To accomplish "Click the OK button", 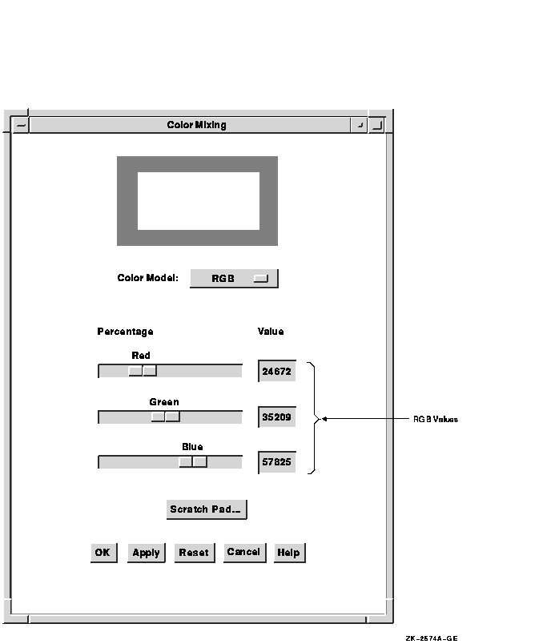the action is (104, 553).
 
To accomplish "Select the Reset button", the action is (195, 553).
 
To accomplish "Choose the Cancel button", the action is (245, 553).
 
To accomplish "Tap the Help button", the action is (289, 553).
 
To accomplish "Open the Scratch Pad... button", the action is (207, 509).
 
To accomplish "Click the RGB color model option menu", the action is (234, 279).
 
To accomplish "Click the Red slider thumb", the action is (143, 371).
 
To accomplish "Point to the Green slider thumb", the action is (166, 417).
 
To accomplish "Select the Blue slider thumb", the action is (193, 461).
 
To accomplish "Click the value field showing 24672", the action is (277, 371).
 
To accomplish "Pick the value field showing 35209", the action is (277, 417).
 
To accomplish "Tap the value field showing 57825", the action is (277, 462).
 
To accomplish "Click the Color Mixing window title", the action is (196, 125).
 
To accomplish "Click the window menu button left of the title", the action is (21, 125).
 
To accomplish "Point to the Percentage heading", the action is (125, 332).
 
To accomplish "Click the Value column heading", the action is (271, 332).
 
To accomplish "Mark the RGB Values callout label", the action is (436, 420).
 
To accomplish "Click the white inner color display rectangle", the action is (199, 201).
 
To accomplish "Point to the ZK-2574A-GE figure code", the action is (432, 638).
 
